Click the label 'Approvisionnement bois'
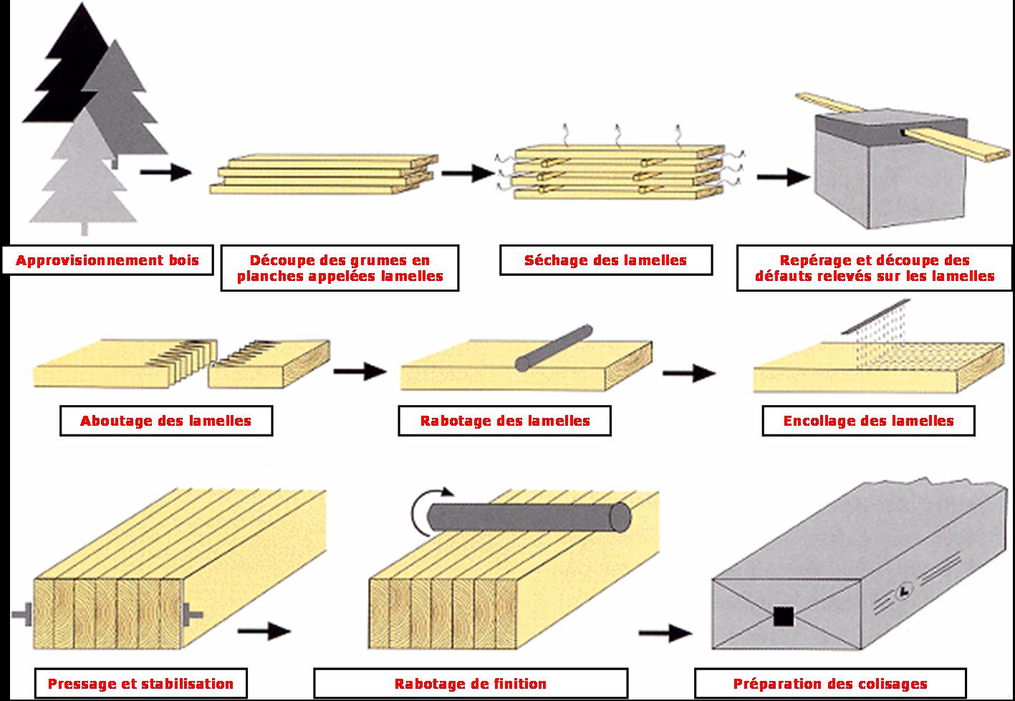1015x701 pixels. (107, 260)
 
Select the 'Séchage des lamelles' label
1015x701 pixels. (605, 260)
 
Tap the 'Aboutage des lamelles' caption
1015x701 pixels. (165, 421)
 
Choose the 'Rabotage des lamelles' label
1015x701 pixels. (504, 421)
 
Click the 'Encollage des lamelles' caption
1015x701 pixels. (868, 421)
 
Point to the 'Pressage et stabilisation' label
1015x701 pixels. (140, 684)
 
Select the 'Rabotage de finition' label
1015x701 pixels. (471, 684)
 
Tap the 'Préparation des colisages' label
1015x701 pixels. (829, 684)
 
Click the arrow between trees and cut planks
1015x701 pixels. (165, 172)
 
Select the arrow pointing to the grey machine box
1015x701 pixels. (782, 176)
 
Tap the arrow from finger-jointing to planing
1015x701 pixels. (360, 371)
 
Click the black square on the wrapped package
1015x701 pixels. (783, 616)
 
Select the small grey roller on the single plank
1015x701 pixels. (554, 348)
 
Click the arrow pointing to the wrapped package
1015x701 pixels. (665, 632)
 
